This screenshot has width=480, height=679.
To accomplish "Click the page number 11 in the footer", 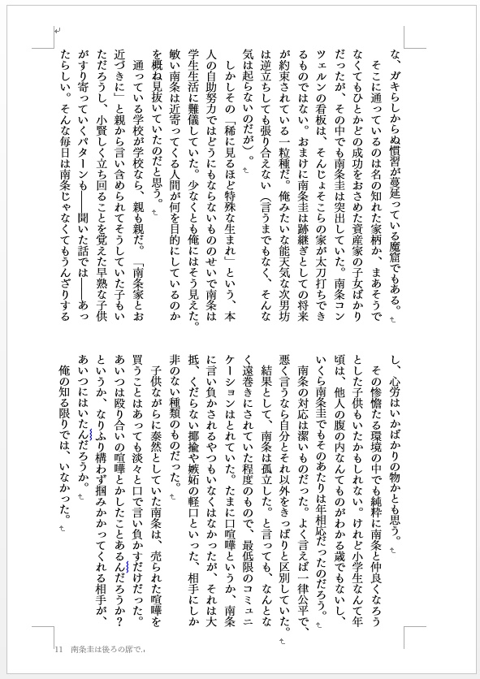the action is pos(58,649).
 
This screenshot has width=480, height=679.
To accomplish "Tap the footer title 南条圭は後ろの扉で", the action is pos(106,649).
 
